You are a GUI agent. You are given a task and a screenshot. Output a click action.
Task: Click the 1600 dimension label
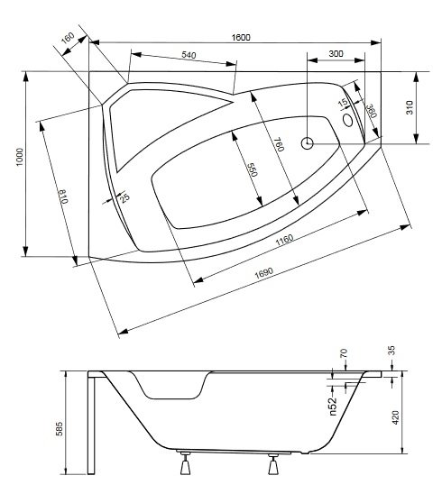pyautogui.click(x=241, y=38)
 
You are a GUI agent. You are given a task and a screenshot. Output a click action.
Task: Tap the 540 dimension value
pyautogui.click(x=189, y=55)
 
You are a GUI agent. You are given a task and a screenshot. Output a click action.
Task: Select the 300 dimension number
pyautogui.click(x=336, y=53)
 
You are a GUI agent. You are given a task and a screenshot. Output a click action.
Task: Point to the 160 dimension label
pyautogui.click(x=68, y=38)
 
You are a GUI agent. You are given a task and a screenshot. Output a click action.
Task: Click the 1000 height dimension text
pyautogui.click(x=20, y=157)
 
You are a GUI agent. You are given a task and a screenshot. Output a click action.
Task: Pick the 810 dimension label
pyautogui.click(x=63, y=197)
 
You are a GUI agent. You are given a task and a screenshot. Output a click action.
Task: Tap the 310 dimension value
pyautogui.click(x=410, y=107)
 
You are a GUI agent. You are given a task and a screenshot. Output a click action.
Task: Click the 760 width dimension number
pyautogui.click(x=280, y=144)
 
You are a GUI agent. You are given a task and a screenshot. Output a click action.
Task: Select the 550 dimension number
pyautogui.click(x=253, y=169)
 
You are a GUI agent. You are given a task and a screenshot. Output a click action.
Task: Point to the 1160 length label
pyautogui.click(x=284, y=239)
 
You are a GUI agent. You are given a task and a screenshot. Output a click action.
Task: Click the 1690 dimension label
pyautogui.click(x=264, y=272)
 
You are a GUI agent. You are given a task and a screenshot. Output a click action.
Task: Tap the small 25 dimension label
pyautogui.click(x=124, y=197)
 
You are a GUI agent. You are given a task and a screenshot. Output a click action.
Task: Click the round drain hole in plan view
pyautogui.click(x=308, y=142)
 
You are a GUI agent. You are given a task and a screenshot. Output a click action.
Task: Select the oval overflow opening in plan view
pyautogui.click(x=348, y=120)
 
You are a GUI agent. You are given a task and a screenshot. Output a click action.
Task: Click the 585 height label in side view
pyautogui.click(x=60, y=428)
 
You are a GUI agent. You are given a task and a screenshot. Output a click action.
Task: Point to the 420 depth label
pyautogui.click(x=395, y=417)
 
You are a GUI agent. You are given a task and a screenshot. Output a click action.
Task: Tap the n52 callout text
pyautogui.click(x=333, y=407)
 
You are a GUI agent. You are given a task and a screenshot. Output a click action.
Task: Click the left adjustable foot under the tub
pyautogui.click(x=185, y=463)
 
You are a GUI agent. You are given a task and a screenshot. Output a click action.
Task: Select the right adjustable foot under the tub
pyautogui.click(x=273, y=464)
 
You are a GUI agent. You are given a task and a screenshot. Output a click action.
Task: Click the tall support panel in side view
pyautogui.click(x=91, y=423)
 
